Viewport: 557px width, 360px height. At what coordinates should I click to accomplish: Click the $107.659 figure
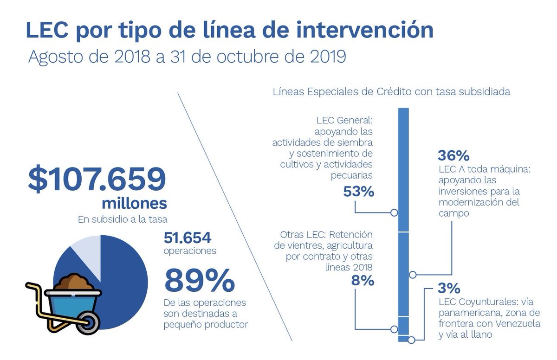coord(97,180)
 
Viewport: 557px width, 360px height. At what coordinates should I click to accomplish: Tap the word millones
coord(134,204)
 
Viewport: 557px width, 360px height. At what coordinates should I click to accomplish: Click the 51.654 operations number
coord(188,238)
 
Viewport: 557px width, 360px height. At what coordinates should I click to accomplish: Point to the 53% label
coord(359,191)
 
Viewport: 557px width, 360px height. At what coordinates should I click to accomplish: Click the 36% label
coord(454,155)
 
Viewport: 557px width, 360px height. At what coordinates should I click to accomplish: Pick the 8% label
coord(363,281)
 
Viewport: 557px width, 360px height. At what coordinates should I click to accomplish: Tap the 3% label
coord(449,288)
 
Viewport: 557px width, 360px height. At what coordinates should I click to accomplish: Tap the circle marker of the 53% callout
coord(394,213)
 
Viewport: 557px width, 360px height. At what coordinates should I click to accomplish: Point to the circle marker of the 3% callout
coord(411,340)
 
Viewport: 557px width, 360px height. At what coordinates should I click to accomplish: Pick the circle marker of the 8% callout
coord(394,329)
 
